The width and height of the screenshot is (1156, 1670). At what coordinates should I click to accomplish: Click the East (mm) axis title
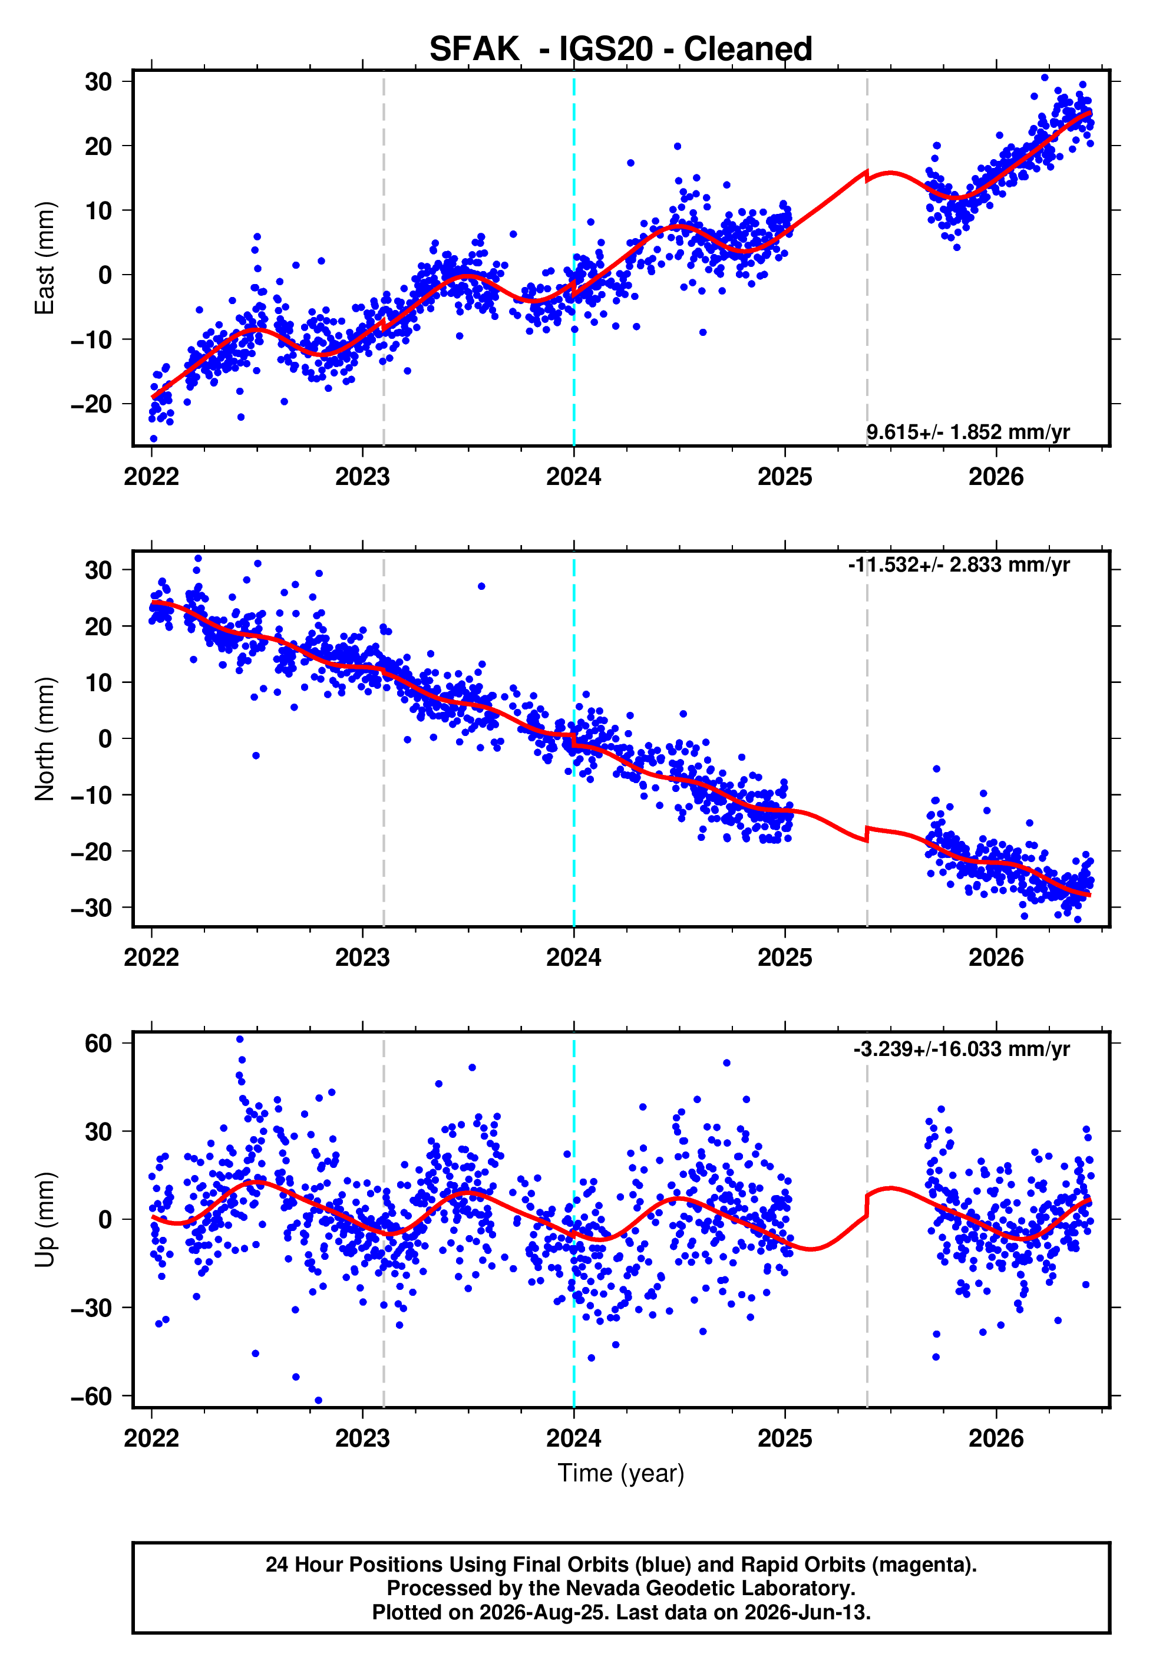(x=44, y=258)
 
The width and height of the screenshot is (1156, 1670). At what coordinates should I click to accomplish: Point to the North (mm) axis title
(x=44, y=739)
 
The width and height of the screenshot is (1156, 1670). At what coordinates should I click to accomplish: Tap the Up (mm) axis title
(x=44, y=1220)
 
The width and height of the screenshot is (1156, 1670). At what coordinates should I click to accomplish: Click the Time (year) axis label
(x=621, y=1473)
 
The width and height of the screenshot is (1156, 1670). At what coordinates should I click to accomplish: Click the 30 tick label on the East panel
(x=98, y=82)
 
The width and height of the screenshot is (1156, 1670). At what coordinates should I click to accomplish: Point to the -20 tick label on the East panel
(x=91, y=404)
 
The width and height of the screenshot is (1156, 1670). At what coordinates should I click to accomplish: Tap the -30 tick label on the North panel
(x=91, y=907)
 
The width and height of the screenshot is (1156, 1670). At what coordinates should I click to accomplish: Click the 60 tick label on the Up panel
(x=98, y=1044)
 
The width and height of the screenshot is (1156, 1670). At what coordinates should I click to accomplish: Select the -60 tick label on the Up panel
(x=91, y=1396)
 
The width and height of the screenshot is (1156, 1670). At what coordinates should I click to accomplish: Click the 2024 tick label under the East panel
(x=574, y=477)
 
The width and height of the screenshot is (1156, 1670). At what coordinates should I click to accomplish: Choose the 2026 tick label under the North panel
(x=996, y=958)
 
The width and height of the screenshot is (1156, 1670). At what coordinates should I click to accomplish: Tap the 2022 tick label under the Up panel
(x=151, y=1438)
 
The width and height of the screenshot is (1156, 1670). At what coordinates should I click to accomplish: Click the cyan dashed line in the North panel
(x=574, y=740)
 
